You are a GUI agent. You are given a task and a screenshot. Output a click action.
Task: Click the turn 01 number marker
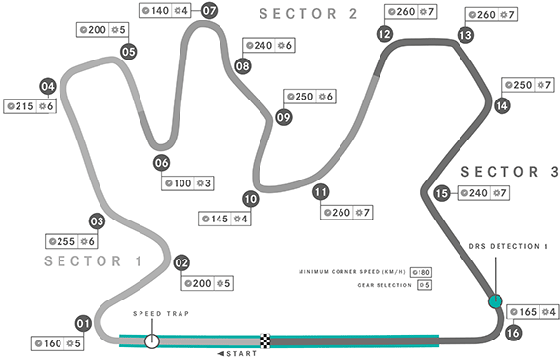pyautogui.click(x=83, y=323)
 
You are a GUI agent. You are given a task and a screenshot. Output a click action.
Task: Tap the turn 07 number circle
pyautogui.click(x=210, y=12)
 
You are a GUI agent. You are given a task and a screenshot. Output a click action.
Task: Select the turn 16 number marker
pyautogui.click(x=513, y=332)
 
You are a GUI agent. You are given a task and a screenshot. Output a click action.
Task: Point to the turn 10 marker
pyautogui.click(x=251, y=198)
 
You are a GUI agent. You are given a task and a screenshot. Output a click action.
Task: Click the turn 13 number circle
pyautogui.click(x=465, y=35)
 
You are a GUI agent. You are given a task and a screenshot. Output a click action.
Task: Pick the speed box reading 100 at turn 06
pyautogui.click(x=177, y=183)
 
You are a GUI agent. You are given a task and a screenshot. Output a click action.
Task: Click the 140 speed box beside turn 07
pyautogui.click(x=155, y=11)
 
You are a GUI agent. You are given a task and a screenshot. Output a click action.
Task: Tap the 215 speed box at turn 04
pyautogui.click(x=19, y=105)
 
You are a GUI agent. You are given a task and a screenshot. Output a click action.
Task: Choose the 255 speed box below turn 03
pyautogui.click(x=60, y=241)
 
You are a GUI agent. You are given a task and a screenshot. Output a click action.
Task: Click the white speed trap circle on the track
pyautogui.click(x=152, y=340)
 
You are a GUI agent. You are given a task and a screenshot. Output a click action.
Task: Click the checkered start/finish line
pyautogui.click(x=266, y=340)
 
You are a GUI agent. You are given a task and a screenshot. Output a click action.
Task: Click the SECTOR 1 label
pyautogui.click(x=92, y=261)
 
